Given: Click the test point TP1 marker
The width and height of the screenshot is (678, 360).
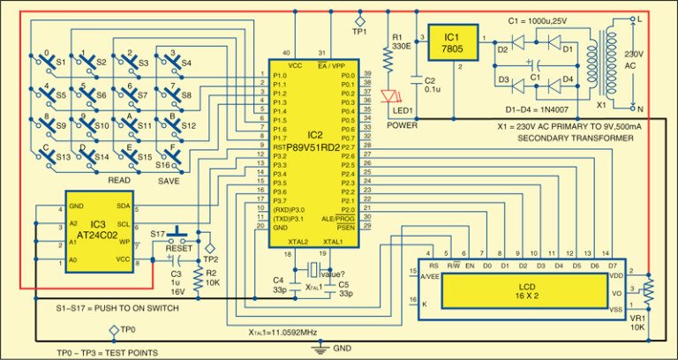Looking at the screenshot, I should pos(359,18).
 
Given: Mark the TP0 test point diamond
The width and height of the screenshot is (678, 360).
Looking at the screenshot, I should pos(113,330).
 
